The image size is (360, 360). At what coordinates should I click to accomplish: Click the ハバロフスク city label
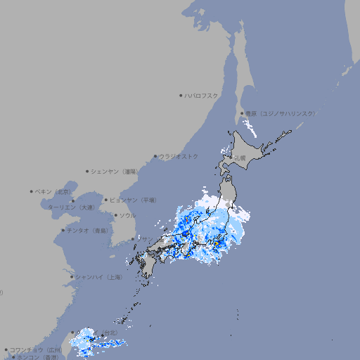202,95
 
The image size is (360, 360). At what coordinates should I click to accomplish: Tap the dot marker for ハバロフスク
181,95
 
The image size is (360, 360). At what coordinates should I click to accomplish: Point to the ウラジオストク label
179,156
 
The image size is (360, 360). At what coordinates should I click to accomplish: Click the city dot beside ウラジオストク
155,157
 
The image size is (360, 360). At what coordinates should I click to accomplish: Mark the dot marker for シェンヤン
87,171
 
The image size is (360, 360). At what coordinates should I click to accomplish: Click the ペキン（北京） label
54,191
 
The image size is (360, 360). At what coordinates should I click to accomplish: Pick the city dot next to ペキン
32,191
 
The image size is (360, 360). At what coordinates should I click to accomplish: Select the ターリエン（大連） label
71,207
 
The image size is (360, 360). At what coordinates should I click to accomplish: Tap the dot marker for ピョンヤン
106,200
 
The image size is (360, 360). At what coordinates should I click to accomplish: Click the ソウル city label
127,215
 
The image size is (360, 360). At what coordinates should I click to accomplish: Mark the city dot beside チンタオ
63,230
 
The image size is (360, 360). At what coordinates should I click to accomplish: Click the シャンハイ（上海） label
99,277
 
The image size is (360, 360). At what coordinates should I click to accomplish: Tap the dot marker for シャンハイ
72,277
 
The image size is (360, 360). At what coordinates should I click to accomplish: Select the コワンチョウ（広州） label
36,349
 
